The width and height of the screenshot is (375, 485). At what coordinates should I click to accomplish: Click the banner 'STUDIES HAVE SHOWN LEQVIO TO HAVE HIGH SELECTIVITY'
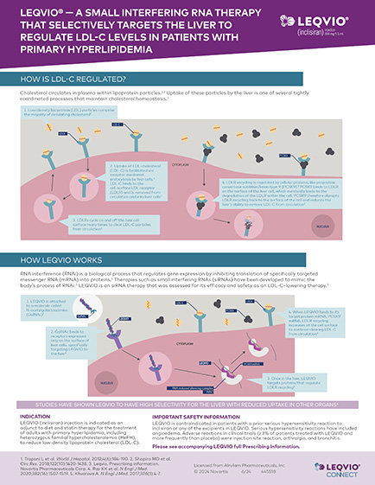(187, 402)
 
